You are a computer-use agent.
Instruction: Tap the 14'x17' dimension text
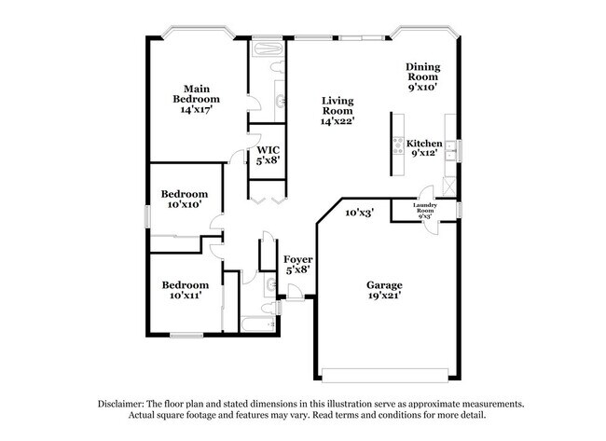click(200, 109)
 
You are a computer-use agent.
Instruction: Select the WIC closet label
click(269, 149)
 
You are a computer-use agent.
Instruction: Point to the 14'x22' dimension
click(338, 121)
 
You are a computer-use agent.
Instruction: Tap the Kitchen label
click(424, 144)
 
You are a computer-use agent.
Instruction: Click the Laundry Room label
click(425, 209)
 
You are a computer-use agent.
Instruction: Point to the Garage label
click(384, 284)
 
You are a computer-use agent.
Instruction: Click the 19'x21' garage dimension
click(384, 298)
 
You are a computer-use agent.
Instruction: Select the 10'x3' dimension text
click(360, 213)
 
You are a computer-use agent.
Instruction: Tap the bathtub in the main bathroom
click(269, 46)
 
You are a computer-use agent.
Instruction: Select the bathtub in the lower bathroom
click(258, 324)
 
